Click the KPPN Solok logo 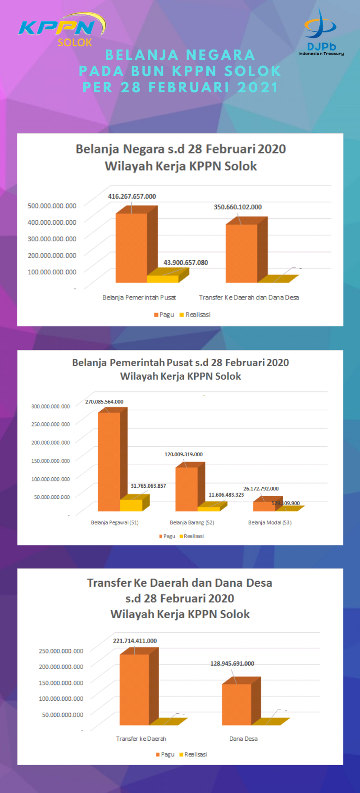tap(62, 30)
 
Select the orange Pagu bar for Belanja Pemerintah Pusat tap(132, 248)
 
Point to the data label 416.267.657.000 tap(132, 196)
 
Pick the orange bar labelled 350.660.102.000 tap(242, 253)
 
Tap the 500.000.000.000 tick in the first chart tap(52, 205)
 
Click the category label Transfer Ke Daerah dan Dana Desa tap(249, 297)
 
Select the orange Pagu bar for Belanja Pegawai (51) tap(109, 462)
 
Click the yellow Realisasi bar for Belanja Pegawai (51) tap(131, 505)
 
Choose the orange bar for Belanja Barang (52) tap(187, 489)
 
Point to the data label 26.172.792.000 tap(261, 489)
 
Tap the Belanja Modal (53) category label tap(270, 522)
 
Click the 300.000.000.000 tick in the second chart tap(50, 406)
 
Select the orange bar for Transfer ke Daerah tap(134, 689)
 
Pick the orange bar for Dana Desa tap(237, 704)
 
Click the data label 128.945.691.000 tap(232, 663)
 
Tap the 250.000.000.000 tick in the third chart tap(61, 651)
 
